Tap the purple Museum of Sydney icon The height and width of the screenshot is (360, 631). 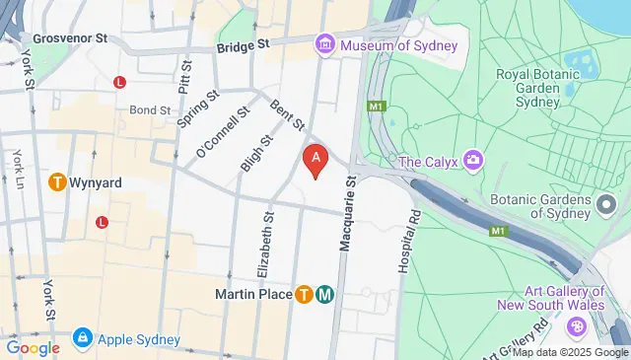pyautogui.click(x=323, y=44)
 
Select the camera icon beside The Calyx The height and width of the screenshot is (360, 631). pyautogui.click(x=474, y=160)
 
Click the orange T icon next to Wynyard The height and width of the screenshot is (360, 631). pyautogui.click(x=57, y=182)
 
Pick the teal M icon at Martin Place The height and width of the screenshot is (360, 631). pyautogui.click(x=324, y=294)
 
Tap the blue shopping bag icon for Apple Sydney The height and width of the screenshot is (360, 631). pyautogui.click(x=82, y=340)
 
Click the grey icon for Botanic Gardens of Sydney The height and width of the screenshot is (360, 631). pyautogui.click(x=607, y=204)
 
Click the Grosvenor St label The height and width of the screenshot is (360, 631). pyautogui.click(x=70, y=39)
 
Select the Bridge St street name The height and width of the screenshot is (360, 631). pyautogui.click(x=243, y=45)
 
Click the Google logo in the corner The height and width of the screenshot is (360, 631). pyautogui.click(x=34, y=347)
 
